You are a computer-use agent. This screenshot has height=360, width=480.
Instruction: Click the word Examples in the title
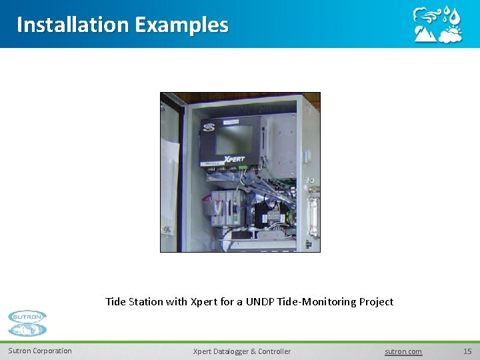coord(181,25)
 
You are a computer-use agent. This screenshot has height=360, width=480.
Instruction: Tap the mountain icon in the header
coord(425,34)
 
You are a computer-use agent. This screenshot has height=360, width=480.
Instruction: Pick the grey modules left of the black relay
coord(223,207)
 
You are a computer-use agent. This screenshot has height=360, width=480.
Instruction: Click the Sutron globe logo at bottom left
coord(27,323)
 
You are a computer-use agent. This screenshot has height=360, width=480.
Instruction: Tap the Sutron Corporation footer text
coord(40,351)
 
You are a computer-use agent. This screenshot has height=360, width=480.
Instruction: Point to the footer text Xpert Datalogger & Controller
coord(241,351)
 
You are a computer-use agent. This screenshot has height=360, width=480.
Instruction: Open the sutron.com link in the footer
coord(403,351)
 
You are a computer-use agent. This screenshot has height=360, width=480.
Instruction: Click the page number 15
coord(467,351)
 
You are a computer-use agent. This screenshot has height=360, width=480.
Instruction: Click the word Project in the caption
coord(376,301)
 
